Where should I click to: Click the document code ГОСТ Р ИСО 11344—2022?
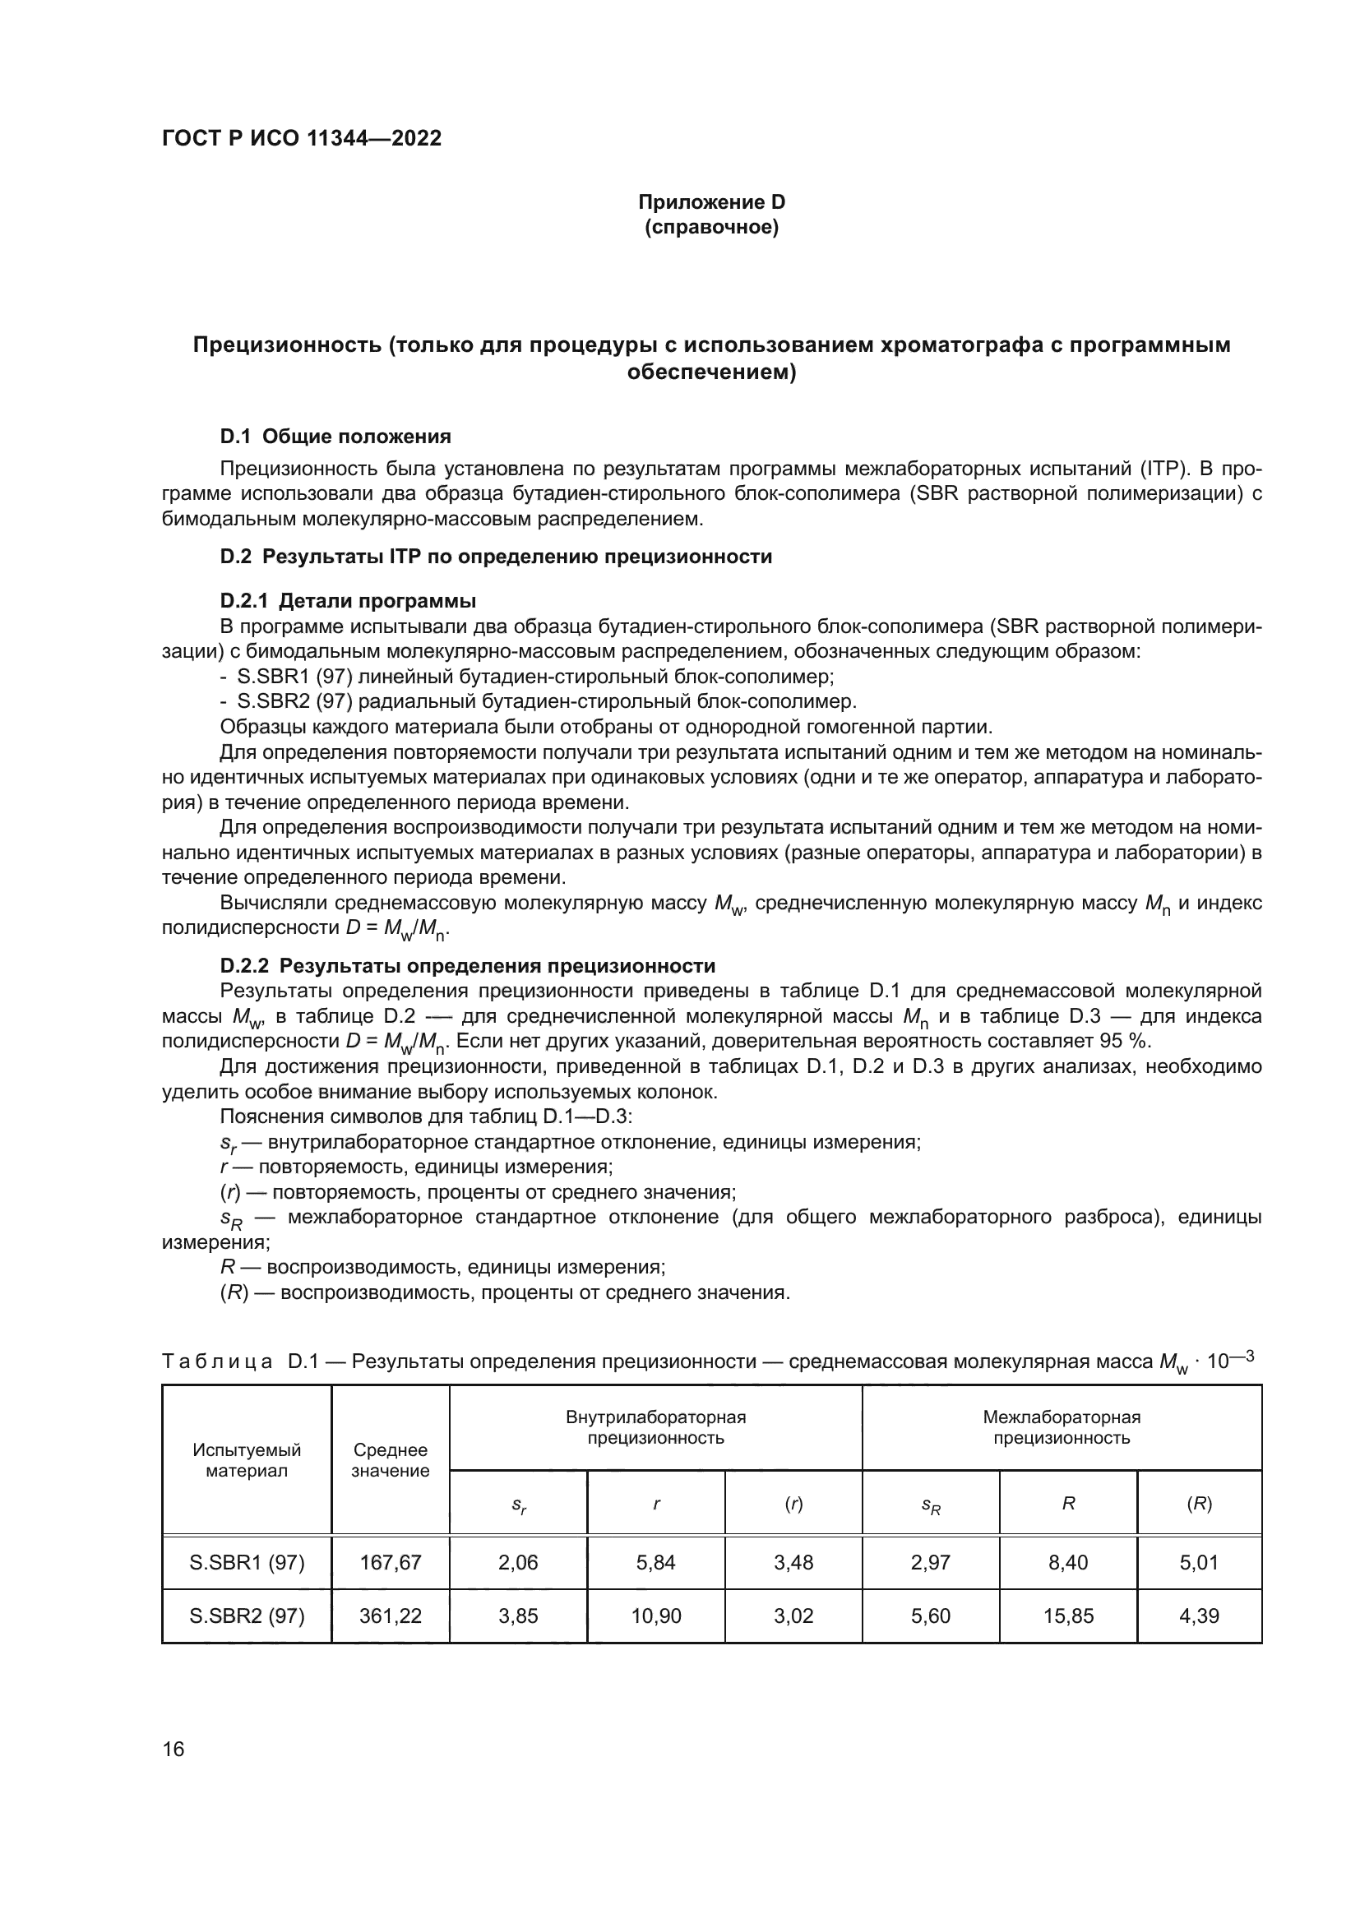[302, 139]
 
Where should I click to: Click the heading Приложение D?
[711, 202]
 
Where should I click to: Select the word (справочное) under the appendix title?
[711, 227]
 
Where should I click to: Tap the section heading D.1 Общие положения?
[335, 437]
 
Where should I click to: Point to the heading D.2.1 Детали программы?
[348, 600]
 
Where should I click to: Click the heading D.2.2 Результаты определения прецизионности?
[467, 966]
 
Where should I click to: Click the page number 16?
[173, 1750]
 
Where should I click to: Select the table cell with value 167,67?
[391, 1562]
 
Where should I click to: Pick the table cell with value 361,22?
[391, 1616]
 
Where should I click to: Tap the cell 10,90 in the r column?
[655, 1616]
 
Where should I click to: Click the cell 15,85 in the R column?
[1068, 1616]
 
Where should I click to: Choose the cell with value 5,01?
[1198, 1562]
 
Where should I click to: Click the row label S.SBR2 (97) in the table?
[247, 1616]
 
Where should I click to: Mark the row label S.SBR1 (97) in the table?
[247, 1562]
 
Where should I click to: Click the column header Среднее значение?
[391, 1461]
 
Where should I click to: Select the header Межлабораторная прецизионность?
[1061, 1428]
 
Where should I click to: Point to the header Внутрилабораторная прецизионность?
[655, 1428]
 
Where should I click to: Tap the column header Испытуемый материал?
[247, 1461]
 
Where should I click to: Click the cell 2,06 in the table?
[517, 1562]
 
